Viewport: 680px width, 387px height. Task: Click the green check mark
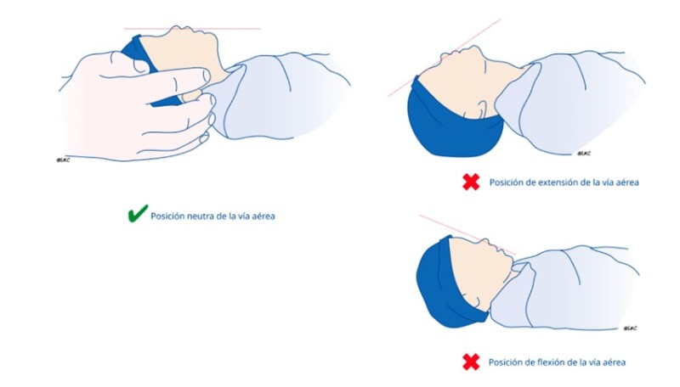(x=138, y=213)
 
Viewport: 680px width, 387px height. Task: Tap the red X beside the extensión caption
(x=471, y=182)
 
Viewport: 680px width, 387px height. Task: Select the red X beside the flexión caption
(x=471, y=362)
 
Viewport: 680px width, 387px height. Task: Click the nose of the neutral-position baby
(x=178, y=30)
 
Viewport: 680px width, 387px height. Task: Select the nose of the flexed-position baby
(x=487, y=242)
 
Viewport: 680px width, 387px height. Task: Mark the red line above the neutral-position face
(x=192, y=29)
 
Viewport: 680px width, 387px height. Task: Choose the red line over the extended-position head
(x=444, y=58)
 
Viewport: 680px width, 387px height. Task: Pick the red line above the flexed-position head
(x=468, y=234)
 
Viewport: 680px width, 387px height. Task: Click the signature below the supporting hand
(x=63, y=160)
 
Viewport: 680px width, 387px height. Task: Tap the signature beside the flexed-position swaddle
(x=631, y=328)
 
